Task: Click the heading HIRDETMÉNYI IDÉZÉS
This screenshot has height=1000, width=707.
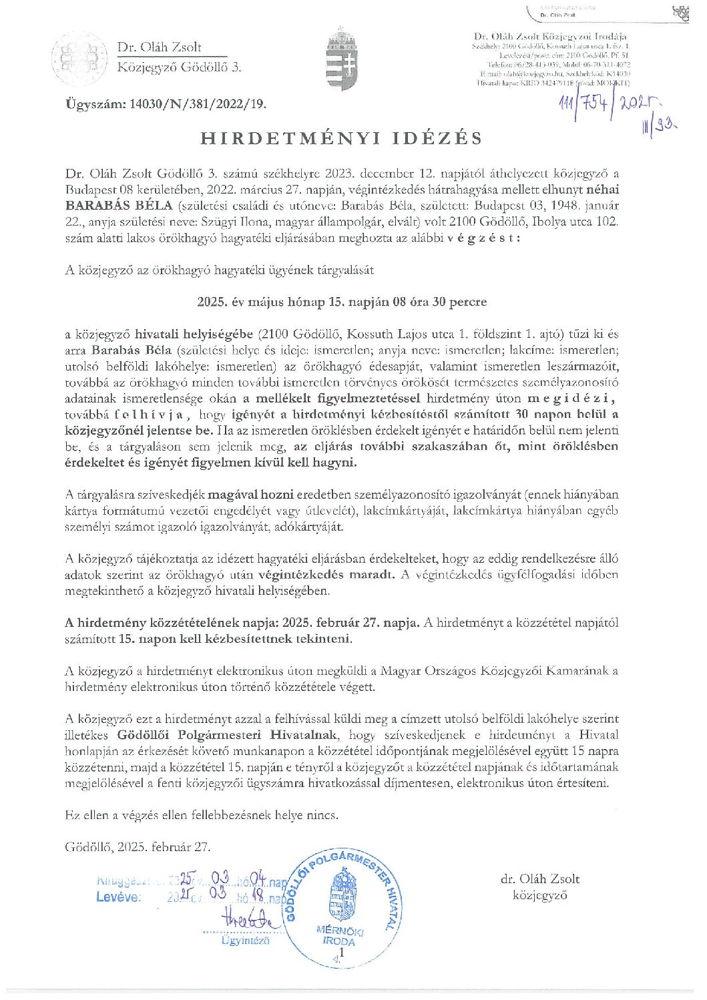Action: point(341,138)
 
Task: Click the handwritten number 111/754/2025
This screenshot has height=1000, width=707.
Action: point(608,105)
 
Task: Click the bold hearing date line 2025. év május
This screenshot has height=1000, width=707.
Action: point(341,302)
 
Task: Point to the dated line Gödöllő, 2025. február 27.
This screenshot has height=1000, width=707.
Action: point(138,846)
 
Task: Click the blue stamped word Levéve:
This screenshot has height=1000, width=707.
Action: point(118,897)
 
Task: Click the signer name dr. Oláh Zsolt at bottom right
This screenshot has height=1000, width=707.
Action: point(539,879)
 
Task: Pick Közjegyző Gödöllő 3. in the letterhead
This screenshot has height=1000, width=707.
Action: point(179,67)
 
